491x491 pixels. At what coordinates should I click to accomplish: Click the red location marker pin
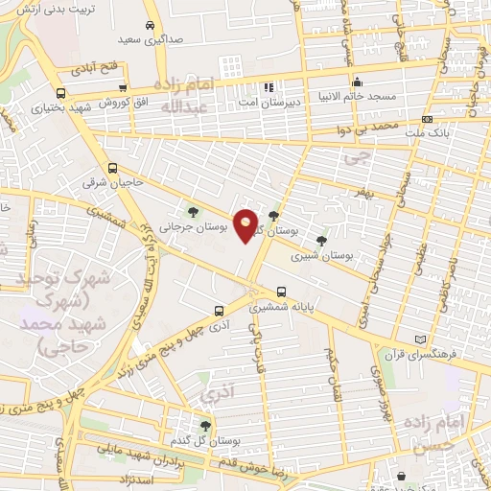[246, 225]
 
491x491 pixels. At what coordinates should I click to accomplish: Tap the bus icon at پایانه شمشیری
[280, 292]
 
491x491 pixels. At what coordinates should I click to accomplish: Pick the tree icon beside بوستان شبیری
[320, 241]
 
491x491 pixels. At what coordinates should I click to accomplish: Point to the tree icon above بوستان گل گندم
[204, 425]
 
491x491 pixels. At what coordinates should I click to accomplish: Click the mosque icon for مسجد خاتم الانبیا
[357, 82]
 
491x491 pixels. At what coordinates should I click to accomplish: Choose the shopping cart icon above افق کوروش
[123, 88]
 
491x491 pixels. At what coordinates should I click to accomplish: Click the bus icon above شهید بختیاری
[62, 94]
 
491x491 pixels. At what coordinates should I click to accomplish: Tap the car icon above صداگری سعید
[149, 26]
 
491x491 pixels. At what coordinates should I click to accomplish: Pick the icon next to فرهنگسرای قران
[418, 339]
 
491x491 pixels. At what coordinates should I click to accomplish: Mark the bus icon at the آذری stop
[220, 310]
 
